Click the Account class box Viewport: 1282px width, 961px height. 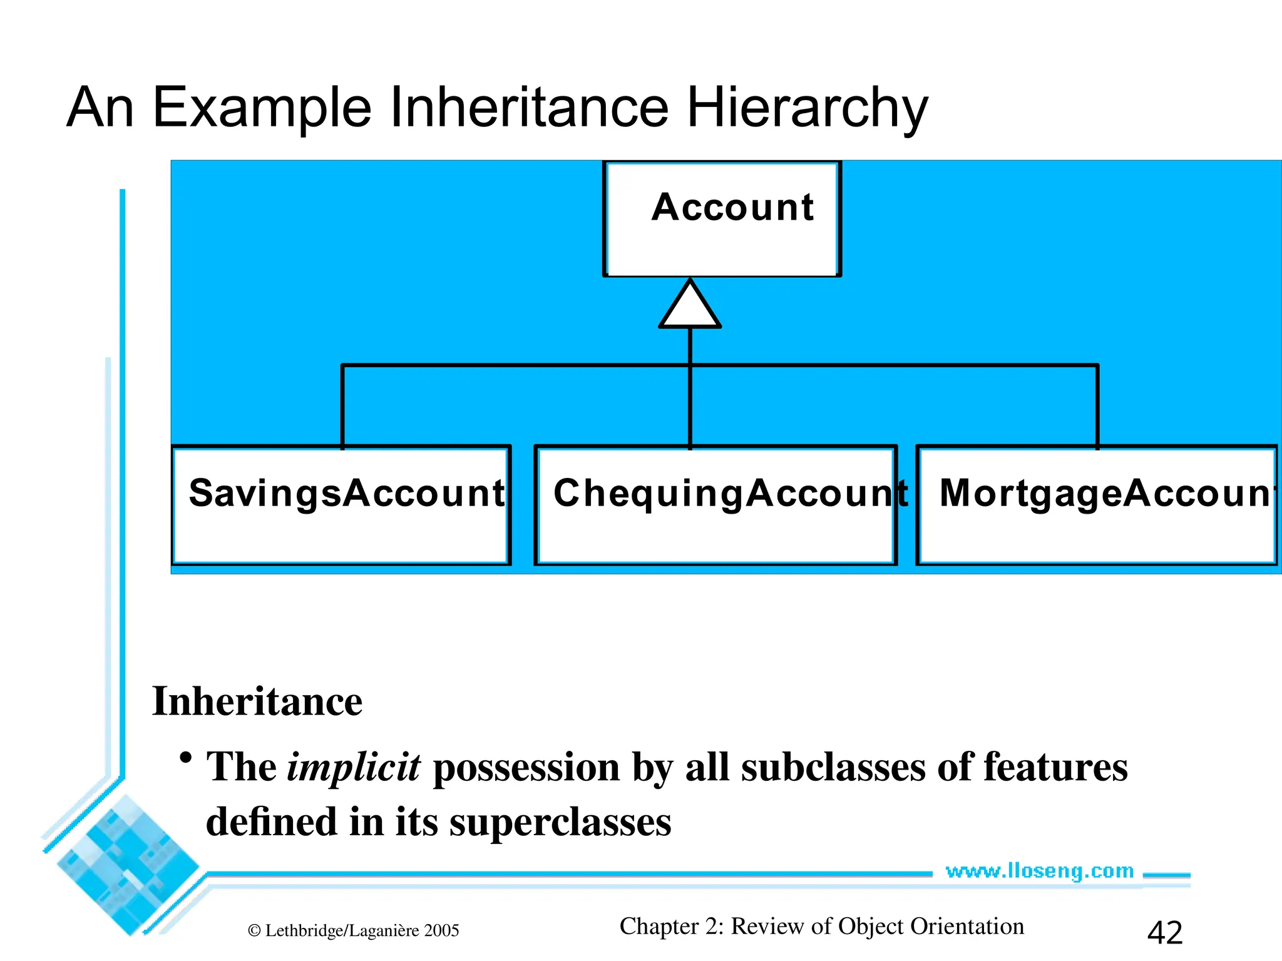pyautogui.click(x=722, y=219)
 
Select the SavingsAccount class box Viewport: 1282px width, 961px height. pyautogui.click(x=341, y=505)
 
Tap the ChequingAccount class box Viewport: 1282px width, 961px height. pyautogui.click(x=715, y=505)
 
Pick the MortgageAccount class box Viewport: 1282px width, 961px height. pyautogui.click(x=1097, y=505)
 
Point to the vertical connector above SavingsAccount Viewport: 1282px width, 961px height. pyautogui.click(x=342, y=405)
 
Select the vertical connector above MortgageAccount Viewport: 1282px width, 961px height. pyautogui.click(x=1097, y=405)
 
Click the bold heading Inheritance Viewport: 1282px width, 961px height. pyautogui.click(x=257, y=701)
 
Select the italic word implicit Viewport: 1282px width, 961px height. pyautogui.click(x=354, y=768)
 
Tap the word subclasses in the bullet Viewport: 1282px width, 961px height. pyautogui.click(x=833, y=768)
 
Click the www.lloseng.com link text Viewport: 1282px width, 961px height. pyautogui.click(x=1039, y=871)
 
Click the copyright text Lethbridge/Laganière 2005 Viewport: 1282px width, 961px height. pyautogui.click(x=354, y=931)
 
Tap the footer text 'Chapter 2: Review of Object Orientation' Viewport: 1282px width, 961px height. pyautogui.click(x=821, y=927)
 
